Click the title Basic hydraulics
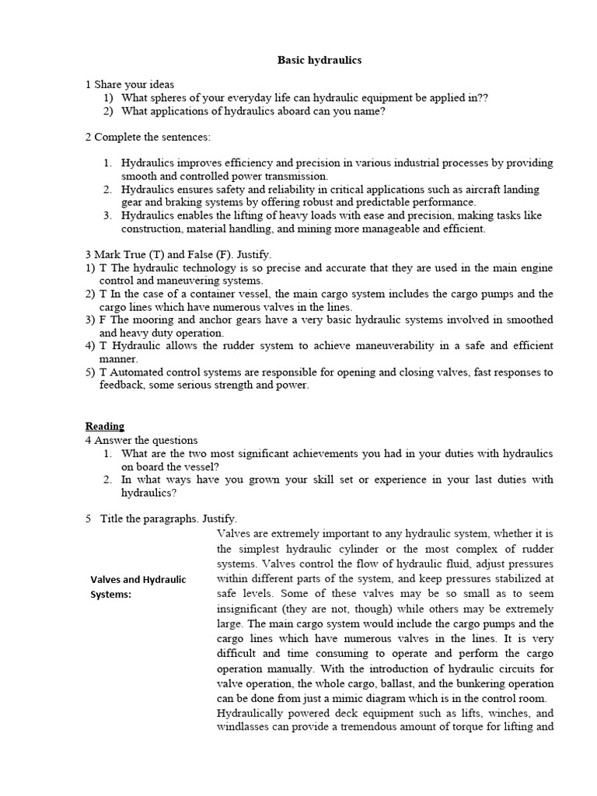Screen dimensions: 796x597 [309, 60]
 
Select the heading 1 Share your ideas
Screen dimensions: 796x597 [130, 84]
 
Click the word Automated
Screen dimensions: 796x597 [138, 372]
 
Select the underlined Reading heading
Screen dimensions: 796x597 [105, 426]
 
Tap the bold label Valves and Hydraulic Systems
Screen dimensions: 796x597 [138, 587]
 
